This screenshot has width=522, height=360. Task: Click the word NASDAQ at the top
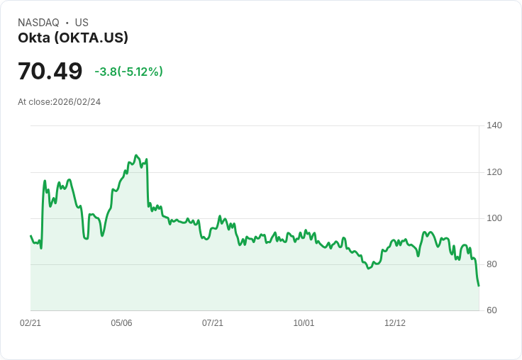tap(38, 23)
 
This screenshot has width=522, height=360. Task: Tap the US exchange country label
tap(82, 23)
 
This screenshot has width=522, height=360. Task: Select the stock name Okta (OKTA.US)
tap(73, 38)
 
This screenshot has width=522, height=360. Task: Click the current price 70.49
tap(50, 71)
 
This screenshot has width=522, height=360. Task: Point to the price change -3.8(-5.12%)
tap(128, 72)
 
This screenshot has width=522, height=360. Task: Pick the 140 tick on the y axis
tap(494, 125)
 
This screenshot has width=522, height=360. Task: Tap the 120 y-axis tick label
tap(494, 172)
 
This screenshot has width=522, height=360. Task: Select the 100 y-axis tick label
tap(494, 218)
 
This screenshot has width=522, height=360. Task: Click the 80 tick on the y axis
tap(492, 264)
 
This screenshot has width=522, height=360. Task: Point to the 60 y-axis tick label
tap(492, 310)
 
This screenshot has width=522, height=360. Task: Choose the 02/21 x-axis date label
tap(30, 323)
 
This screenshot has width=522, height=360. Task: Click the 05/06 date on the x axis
tap(121, 323)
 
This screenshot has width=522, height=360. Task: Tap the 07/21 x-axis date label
tap(213, 323)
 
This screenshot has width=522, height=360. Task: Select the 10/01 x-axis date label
tap(304, 323)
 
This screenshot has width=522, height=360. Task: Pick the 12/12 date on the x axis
tap(395, 323)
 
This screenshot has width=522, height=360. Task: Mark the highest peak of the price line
tap(136, 155)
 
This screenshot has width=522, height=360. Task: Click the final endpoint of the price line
tap(479, 286)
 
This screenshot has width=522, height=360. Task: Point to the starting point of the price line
tap(30, 236)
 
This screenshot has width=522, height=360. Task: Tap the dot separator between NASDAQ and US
tap(67, 23)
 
